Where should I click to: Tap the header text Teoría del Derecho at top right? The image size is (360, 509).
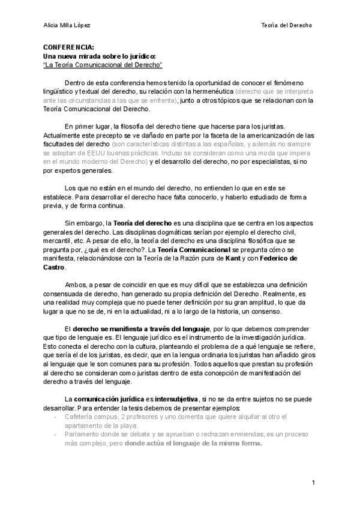(x=287, y=26)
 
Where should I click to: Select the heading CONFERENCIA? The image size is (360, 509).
(x=68, y=46)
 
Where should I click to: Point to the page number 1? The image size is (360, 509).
(x=314, y=483)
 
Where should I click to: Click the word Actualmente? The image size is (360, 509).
(x=63, y=136)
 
